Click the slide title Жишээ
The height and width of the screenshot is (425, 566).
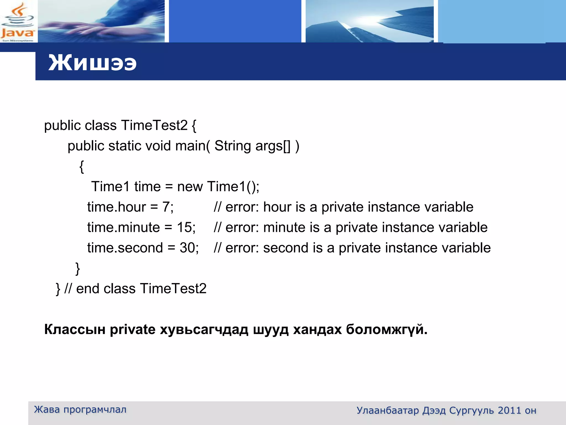(x=92, y=63)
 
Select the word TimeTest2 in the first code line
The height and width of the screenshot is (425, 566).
(x=154, y=125)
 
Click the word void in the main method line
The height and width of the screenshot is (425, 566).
(x=158, y=146)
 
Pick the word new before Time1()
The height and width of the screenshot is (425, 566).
(x=190, y=186)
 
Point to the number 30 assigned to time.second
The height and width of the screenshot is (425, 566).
(x=187, y=248)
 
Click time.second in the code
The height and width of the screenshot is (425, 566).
(x=125, y=248)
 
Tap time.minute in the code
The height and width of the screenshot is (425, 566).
(x=124, y=227)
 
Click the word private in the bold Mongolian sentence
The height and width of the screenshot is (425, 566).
(x=133, y=330)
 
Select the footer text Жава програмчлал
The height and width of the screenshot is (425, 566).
(x=80, y=410)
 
